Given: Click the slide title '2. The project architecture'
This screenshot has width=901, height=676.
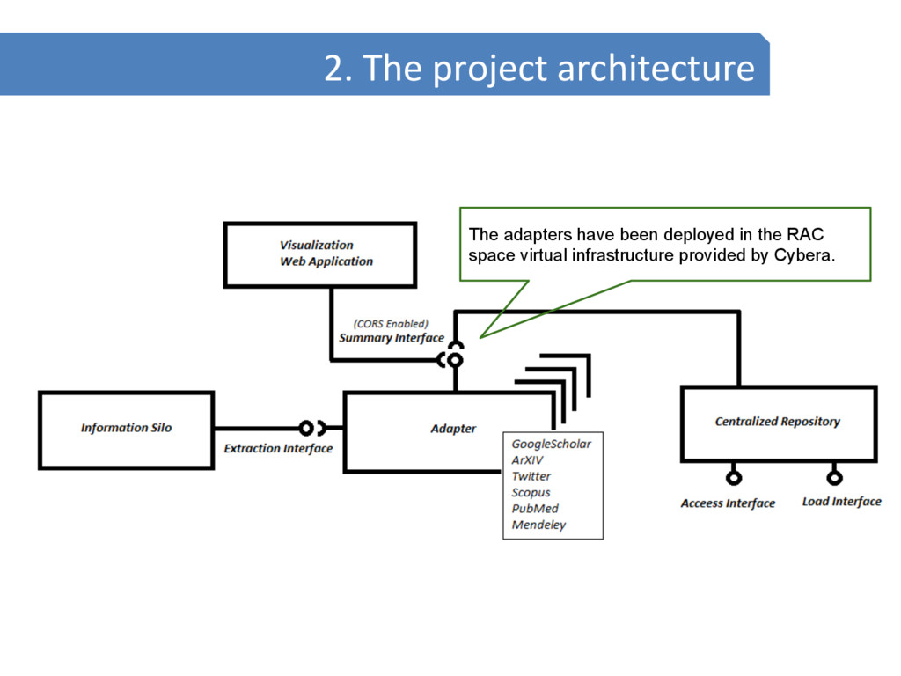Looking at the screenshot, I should pos(538,68).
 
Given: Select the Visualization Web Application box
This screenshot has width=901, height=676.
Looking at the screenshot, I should pos(319,254).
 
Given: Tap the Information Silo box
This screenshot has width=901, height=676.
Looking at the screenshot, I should pos(126,429).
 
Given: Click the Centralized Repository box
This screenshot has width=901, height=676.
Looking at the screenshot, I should pos(778,422).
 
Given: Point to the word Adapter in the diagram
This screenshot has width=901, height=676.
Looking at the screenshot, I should pos(453,429).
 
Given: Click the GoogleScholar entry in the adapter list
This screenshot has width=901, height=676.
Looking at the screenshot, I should pos(552,445).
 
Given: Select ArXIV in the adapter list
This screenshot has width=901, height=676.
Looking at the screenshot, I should pos(529,460).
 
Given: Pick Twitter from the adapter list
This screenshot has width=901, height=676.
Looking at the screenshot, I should pos(531,476).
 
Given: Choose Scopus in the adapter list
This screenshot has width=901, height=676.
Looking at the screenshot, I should pos(531,493).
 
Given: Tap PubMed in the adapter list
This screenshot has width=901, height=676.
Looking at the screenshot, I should pos(535,509).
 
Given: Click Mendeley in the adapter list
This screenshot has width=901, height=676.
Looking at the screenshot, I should pos(539,525).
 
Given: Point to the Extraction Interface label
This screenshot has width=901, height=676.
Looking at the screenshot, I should pos(278,449).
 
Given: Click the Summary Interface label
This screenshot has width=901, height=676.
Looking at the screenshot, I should pos(392,338).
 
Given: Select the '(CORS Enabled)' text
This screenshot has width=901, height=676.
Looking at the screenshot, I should pos(391,324).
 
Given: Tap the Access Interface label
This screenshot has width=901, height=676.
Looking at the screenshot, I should pos(728,503).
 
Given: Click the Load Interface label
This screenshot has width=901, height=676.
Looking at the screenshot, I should pos(841,502).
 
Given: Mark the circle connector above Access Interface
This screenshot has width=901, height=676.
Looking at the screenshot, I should pos(733,478).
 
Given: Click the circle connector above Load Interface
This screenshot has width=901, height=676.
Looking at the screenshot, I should pos(834,478).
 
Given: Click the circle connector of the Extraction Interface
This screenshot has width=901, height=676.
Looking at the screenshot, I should pos(306,429).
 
